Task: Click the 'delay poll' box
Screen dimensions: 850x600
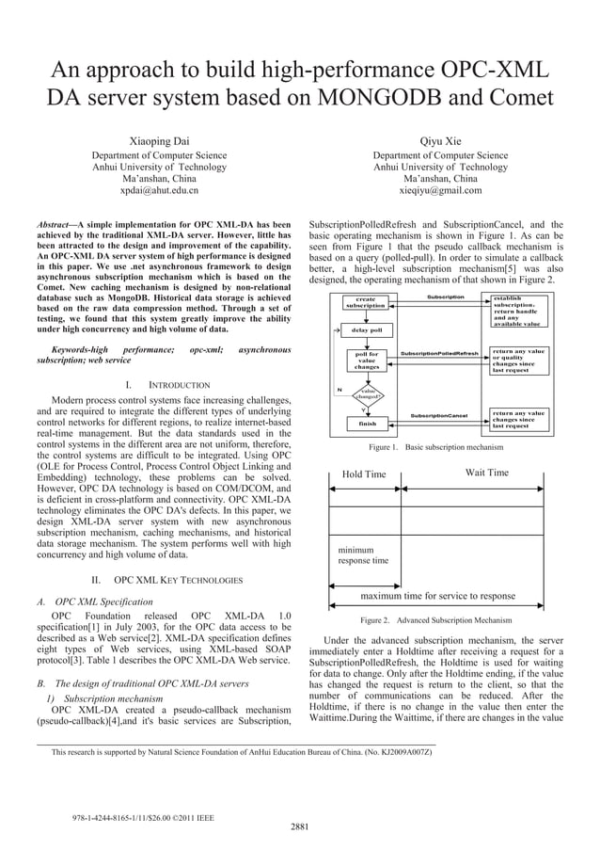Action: point(366,330)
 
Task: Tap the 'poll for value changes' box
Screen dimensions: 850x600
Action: point(366,361)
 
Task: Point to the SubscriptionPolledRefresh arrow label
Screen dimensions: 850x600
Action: point(439,354)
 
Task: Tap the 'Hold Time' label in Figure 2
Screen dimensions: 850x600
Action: point(364,474)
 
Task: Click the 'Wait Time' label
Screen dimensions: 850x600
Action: point(486,473)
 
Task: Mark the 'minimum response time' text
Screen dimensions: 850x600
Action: point(363,554)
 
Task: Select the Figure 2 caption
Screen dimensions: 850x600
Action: point(435,620)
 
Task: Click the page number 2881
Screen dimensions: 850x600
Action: point(300,826)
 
